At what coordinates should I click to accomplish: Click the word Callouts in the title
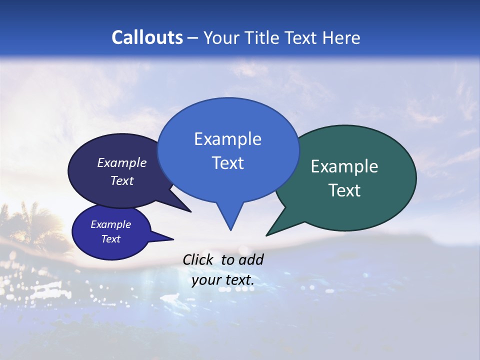pos(147,37)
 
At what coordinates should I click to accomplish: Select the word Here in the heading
pos(342,37)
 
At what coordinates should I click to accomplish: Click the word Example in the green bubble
pos(344,166)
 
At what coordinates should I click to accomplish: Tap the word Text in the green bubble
pos(344,190)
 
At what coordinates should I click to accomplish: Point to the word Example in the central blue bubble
pos(227,139)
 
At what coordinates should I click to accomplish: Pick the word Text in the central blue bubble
pos(227,163)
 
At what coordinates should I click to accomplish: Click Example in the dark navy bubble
pos(121,163)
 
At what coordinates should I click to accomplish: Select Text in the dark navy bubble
pos(121,180)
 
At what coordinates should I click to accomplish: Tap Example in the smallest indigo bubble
pos(110,224)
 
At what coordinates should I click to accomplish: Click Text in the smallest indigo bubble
pos(110,239)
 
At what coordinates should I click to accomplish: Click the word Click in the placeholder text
pos(198,259)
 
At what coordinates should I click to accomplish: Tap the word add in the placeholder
pos(250,259)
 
